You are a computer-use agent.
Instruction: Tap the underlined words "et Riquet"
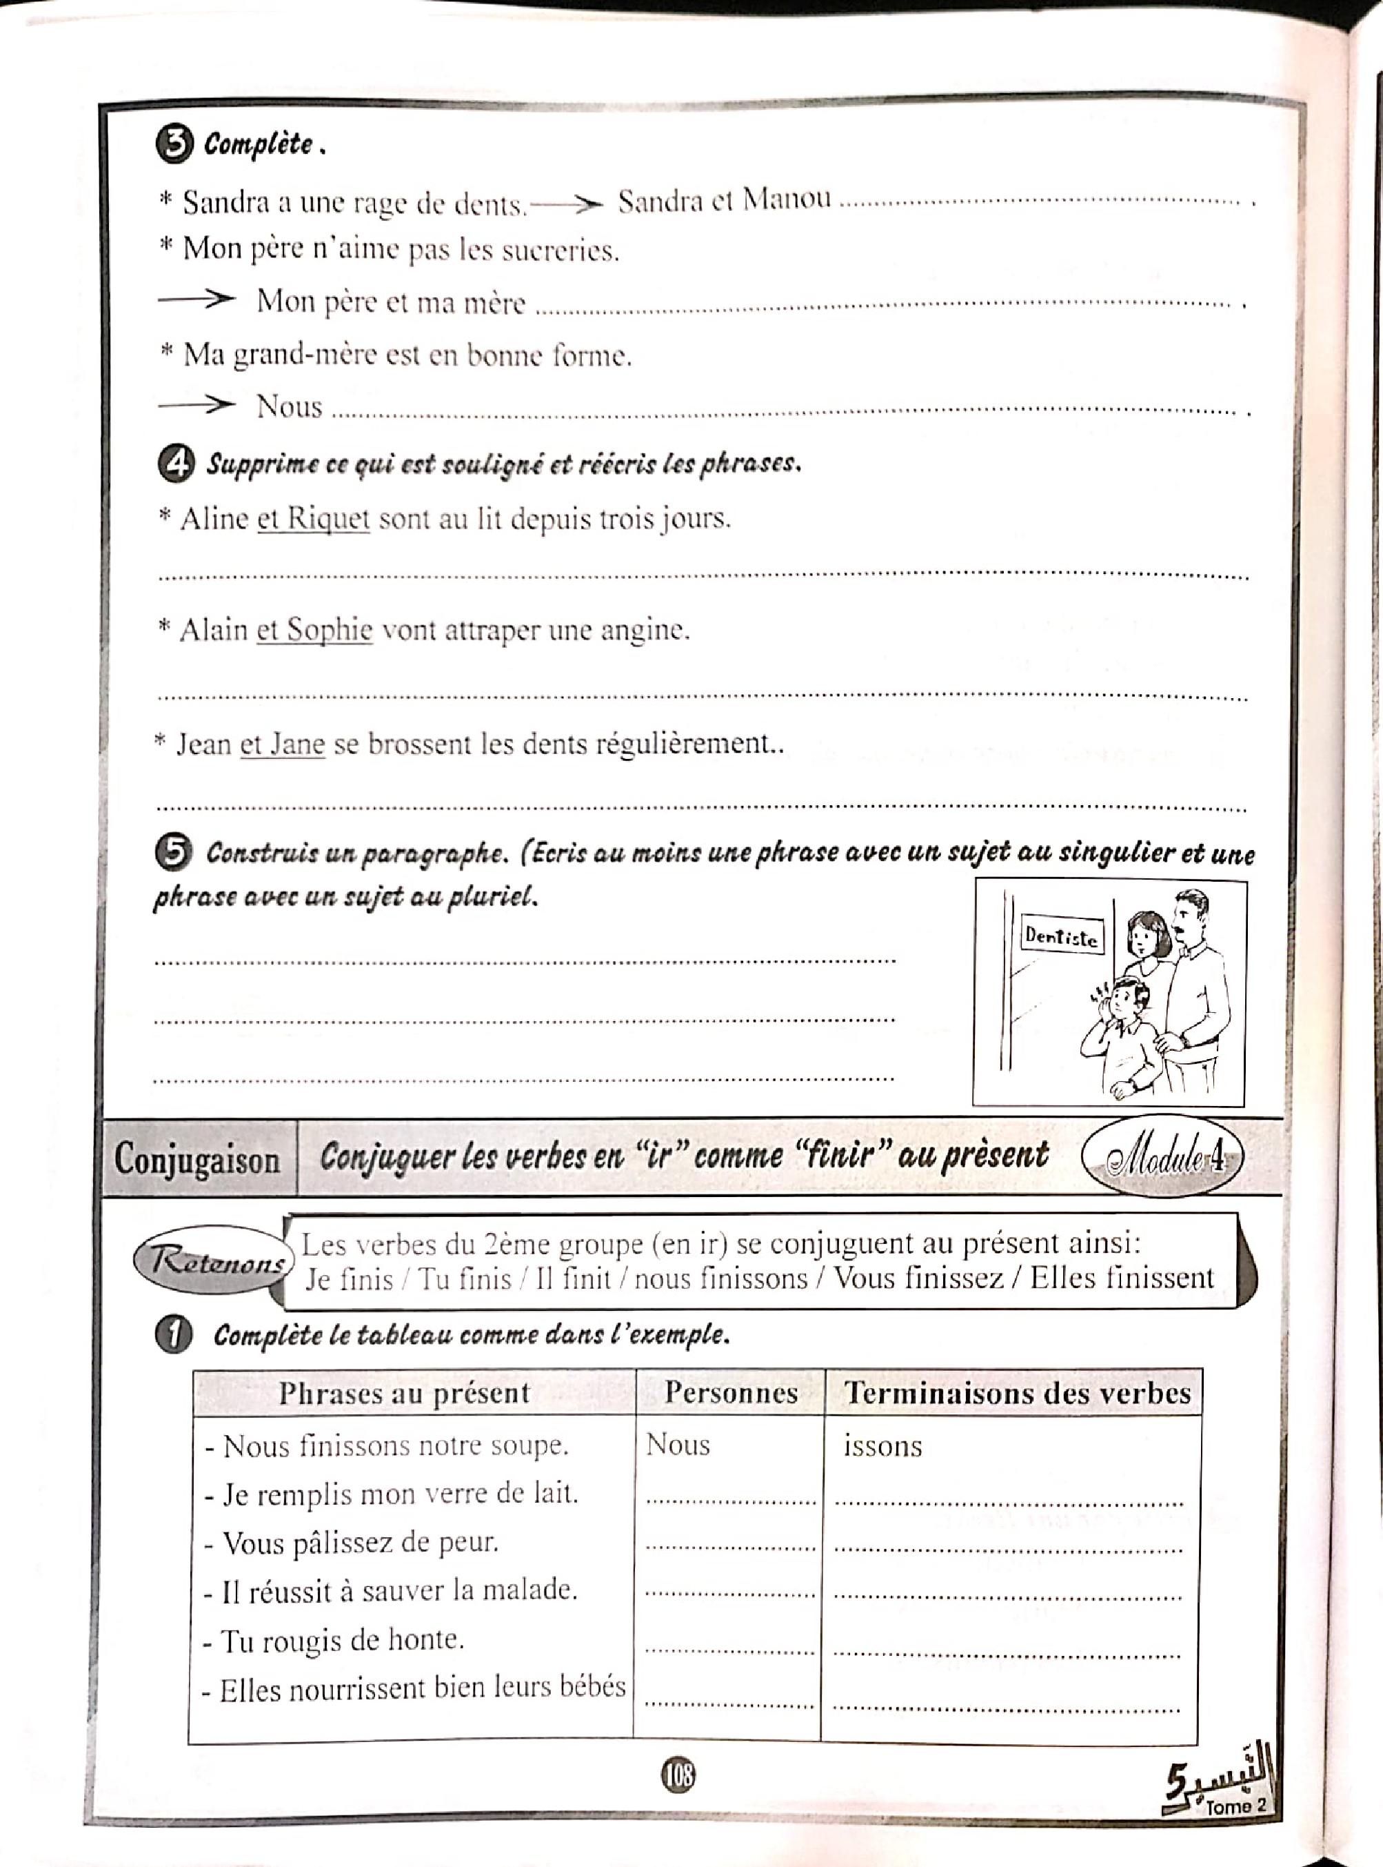coord(313,518)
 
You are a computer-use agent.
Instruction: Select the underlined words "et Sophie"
coord(314,629)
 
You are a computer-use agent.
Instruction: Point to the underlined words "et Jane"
coord(282,744)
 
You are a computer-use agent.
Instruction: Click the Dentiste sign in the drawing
coord(1060,936)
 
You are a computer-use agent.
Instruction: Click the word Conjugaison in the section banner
coord(198,1160)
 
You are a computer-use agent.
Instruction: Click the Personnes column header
coord(730,1393)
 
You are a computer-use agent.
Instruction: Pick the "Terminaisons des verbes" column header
coord(1016,1393)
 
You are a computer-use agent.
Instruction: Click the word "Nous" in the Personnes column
coord(678,1445)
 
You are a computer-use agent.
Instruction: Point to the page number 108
coord(678,1774)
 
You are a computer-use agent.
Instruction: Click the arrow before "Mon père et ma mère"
coord(196,299)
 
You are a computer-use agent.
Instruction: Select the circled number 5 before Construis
coord(173,852)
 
